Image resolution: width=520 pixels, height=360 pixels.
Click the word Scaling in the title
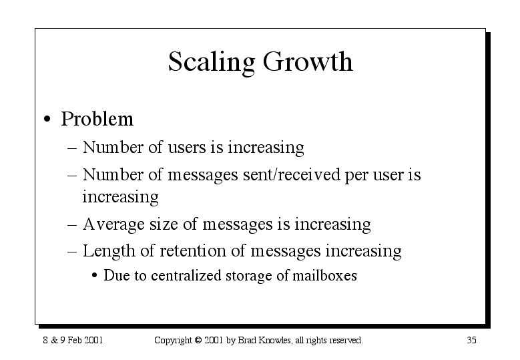point(212,63)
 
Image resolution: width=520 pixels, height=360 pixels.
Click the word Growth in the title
point(308,61)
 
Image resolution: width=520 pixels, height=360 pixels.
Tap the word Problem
point(97,118)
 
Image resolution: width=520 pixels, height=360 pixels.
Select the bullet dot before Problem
point(47,119)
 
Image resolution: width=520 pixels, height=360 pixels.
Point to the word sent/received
point(292,175)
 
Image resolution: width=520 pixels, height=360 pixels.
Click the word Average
point(113,224)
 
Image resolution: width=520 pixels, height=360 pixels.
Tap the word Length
point(109,251)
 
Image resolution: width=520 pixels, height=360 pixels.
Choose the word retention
point(193,251)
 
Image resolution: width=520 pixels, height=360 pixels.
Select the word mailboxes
point(324,275)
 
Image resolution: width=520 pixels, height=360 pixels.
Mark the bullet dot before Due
point(95,276)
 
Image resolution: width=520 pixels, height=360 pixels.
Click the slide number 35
point(471,340)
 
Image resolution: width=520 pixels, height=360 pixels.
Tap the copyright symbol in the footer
point(198,340)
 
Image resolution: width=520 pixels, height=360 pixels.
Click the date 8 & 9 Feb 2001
point(73,340)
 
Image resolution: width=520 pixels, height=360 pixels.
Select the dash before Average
point(72,225)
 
